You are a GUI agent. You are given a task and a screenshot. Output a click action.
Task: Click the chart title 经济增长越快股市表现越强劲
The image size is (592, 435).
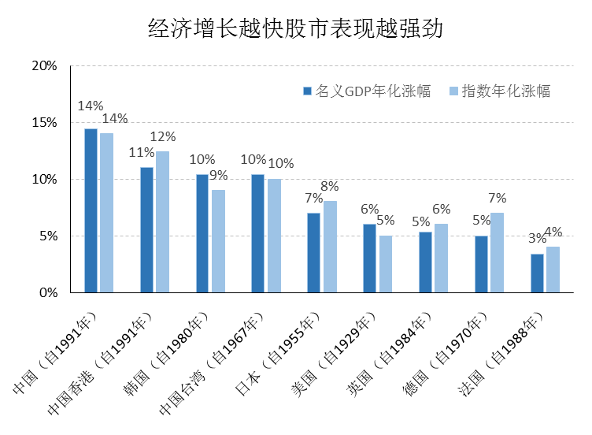tap(295, 29)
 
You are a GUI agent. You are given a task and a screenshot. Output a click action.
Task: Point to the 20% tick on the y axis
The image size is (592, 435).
tap(44, 66)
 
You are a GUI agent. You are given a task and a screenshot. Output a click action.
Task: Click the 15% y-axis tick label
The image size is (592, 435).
tap(44, 123)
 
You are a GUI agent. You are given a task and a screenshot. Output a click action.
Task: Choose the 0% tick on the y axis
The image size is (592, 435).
tap(47, 292)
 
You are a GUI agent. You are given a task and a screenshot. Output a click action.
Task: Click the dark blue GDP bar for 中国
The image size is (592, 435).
tap(91, 210)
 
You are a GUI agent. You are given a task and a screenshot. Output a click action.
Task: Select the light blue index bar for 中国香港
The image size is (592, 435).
tap(162, 221)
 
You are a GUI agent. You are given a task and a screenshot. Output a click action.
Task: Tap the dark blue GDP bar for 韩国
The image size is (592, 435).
tap(202, 233)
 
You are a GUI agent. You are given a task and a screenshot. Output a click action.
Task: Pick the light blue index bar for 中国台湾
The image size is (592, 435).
tap(274, 236)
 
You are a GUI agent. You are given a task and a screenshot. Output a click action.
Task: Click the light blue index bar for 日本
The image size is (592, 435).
tap(330, 247)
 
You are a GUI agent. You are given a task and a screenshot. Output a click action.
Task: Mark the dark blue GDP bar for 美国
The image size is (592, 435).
tap(369, 258)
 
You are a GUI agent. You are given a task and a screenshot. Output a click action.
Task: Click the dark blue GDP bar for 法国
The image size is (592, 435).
tap(537, 273)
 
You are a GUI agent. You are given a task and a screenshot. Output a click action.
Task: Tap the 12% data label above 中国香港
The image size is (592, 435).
tap(163, 137)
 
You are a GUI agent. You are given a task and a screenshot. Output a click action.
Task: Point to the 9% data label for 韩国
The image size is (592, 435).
tap(218, 175)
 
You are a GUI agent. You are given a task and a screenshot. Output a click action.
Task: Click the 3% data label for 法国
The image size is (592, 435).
tap(536, 239)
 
